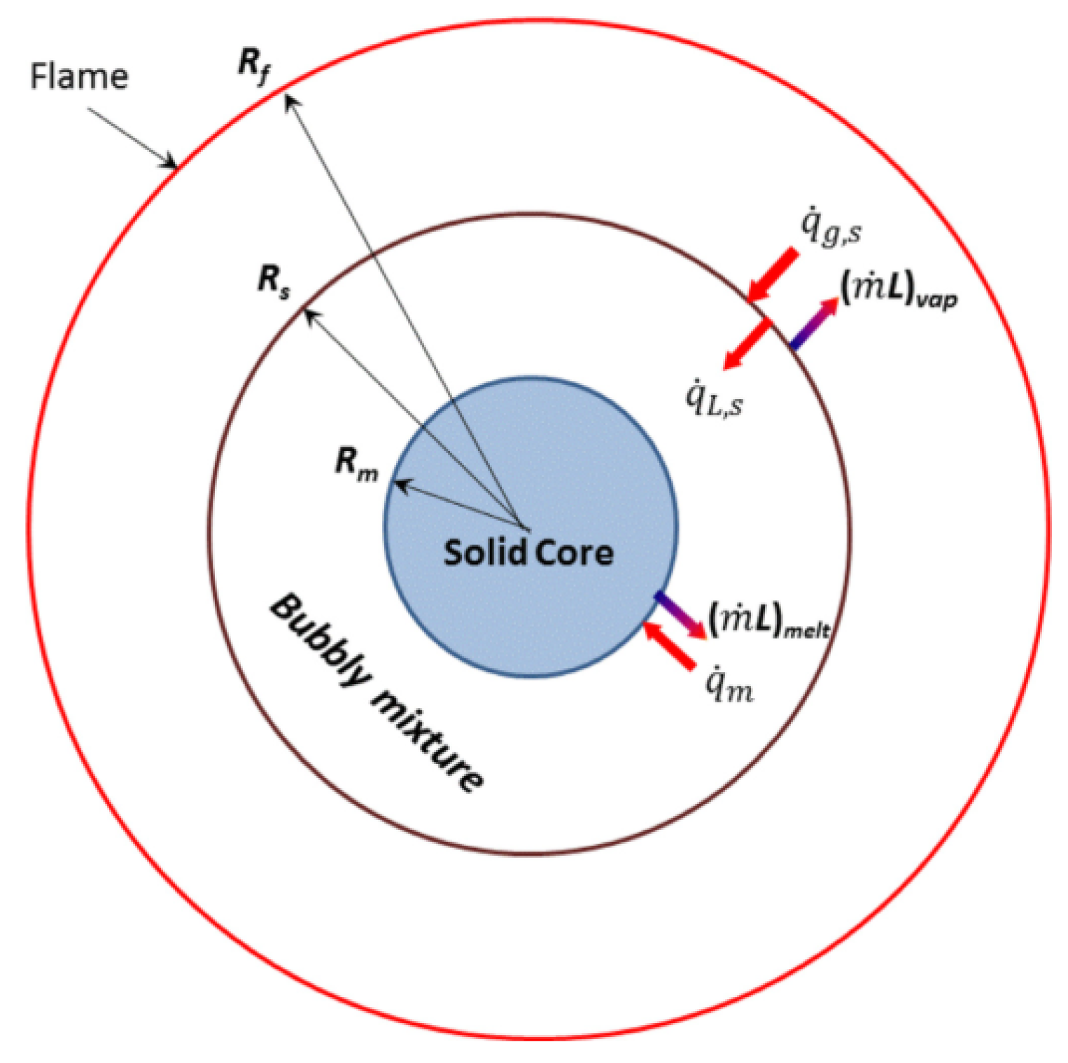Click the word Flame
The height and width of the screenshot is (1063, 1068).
[x=79, y=76]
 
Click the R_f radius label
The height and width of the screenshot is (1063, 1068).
[x=255, y=67]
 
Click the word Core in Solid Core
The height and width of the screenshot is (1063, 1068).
[x=573, y=553]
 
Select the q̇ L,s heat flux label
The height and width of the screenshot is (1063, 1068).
[x=714, y=398]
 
